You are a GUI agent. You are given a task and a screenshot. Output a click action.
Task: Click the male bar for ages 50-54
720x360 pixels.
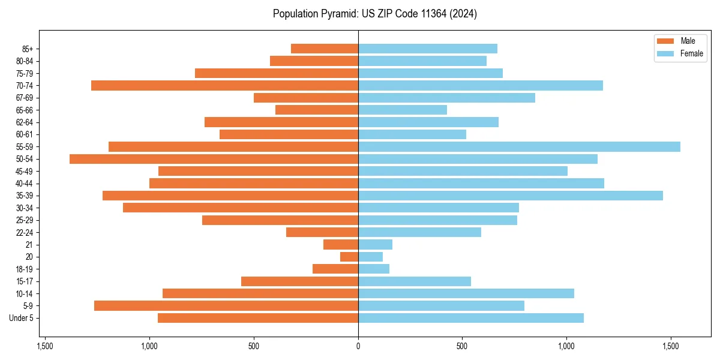[x=214, y=159]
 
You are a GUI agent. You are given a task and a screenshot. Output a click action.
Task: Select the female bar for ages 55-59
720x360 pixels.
[x=519, y=146]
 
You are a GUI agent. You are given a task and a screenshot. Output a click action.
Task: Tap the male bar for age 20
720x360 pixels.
[x=349, y=257]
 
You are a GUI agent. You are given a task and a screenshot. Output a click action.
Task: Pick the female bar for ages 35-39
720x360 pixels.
[x=511, y=196]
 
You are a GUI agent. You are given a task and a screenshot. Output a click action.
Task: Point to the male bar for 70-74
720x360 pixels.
[x=224, y=85]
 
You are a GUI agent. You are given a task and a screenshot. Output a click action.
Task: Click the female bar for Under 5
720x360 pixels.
[x=471, y=318]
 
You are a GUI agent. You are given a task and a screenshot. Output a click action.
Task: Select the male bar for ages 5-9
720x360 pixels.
[x=226, y=305]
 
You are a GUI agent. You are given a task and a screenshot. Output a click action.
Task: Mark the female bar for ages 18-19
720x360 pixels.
[x=374, y=269]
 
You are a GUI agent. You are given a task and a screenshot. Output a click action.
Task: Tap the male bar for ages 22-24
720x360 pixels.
[x=322, y=232]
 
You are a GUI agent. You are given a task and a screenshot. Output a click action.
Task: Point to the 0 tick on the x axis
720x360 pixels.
[x=358, y=346]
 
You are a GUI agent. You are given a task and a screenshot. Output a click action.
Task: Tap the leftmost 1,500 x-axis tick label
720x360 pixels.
[x=45, y=346]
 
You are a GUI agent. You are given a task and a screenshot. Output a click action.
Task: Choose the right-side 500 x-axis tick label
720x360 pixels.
[x=462, y=346]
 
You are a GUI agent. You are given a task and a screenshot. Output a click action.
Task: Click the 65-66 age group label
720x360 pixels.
[x=25, y=110]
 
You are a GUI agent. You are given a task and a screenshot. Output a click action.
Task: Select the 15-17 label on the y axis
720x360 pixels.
[x=25, y=281]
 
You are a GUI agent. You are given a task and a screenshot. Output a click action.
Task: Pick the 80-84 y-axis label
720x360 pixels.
[x=25, y=61]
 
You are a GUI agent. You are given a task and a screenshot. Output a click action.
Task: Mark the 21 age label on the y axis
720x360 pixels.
[x=29, y=245]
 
